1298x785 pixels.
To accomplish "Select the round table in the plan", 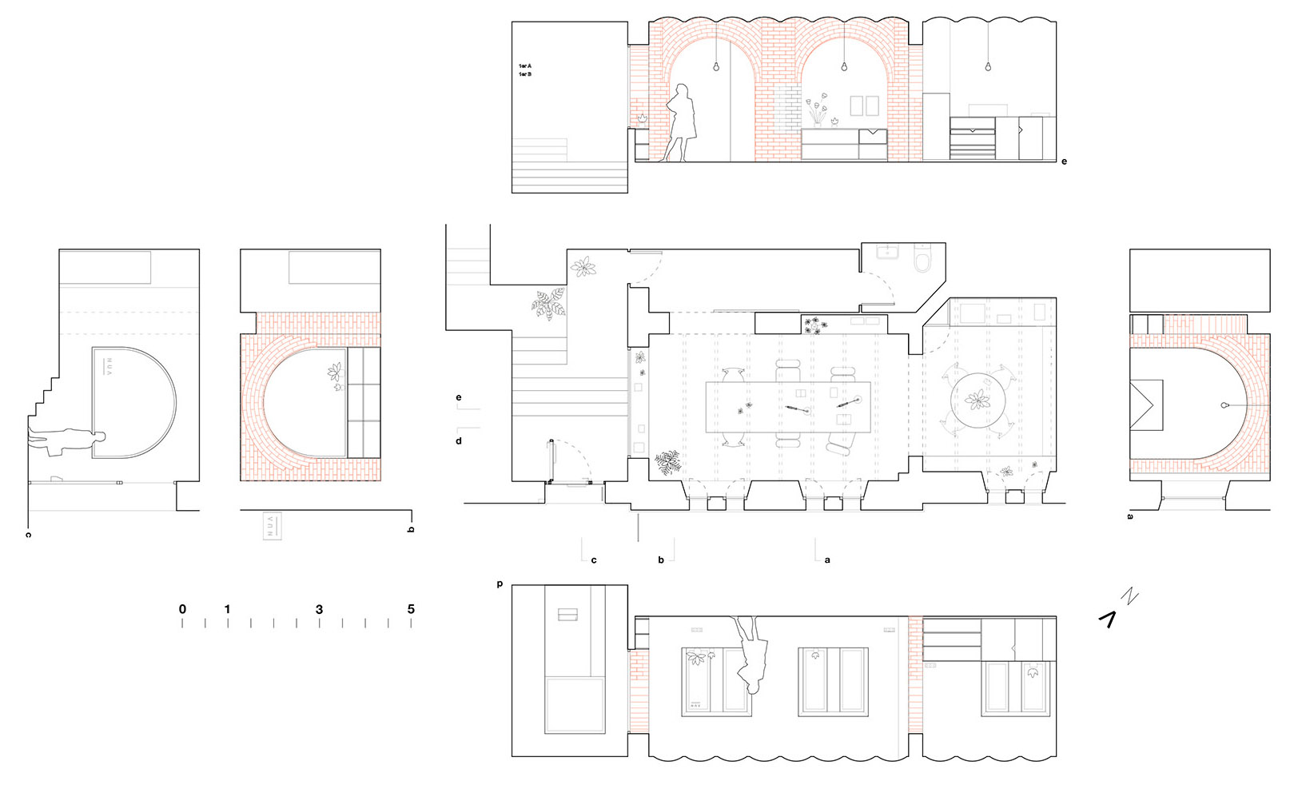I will (x=976, y=400).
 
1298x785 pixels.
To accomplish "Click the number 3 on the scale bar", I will (x=319, y=609).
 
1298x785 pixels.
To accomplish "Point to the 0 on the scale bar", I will (x=182, y=609).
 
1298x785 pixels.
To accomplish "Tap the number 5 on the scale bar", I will (x=411, y=609).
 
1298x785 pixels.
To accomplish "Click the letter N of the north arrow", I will (x=1129, y=596).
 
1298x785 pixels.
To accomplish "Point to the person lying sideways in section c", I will (x=67, y=440).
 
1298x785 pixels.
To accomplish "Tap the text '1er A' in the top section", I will (x=525, y=66).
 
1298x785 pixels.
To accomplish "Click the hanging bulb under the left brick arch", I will (x=716, y=66).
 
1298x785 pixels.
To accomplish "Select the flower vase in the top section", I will (x=816, y=111).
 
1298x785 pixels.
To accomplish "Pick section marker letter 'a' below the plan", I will (x=827, y=560).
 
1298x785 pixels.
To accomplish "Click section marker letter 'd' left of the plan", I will (x=459, y=440).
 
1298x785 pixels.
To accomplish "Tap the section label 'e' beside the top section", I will (x=1064, y=161).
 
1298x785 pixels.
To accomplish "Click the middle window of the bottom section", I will (x=833, y=680).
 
